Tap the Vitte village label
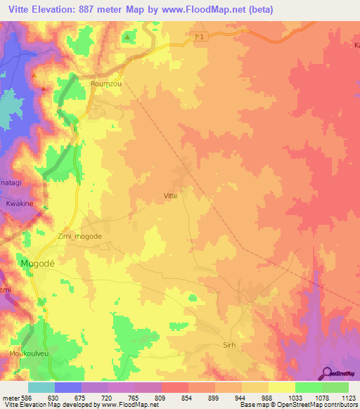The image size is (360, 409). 170,196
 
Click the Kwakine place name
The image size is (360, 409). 20,203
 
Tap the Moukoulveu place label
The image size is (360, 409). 27,353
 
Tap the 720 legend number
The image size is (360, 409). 108,397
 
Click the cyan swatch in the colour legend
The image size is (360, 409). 41,387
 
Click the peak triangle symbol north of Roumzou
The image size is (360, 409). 127,35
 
